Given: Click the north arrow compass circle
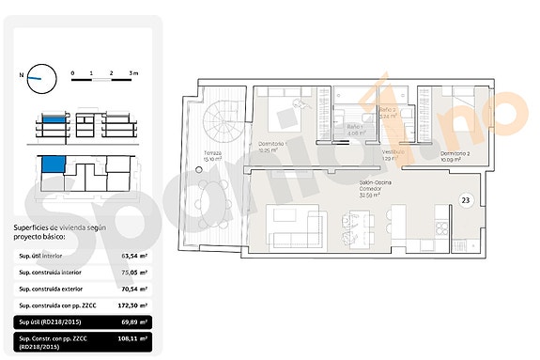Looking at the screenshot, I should point(40,78).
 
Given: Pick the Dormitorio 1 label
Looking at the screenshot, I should point(272,144).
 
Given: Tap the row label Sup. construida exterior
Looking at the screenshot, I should point(47,289).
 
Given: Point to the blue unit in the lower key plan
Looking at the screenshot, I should point(54,165).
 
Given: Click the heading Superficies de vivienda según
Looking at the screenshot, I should point(55,227).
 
